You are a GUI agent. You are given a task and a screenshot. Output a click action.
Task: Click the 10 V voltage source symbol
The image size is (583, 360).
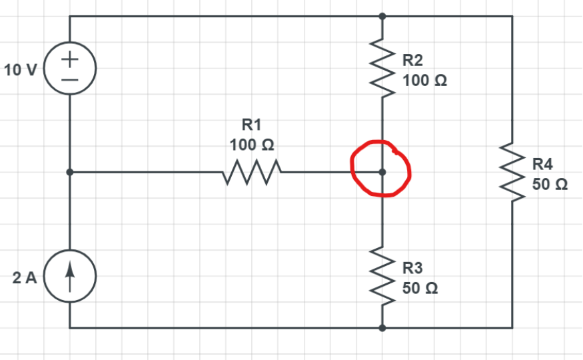tap(70, 69)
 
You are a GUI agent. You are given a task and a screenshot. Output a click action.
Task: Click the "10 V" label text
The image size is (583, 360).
tap(20, 70)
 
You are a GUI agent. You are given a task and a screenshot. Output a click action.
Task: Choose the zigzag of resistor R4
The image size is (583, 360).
tap(512, 173)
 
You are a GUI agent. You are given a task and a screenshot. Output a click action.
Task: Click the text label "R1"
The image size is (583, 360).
tap(251, 124)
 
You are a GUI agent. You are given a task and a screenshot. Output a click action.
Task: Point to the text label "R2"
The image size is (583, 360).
tap(413, 61)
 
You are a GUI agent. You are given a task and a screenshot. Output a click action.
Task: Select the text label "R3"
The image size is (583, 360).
tap(413, 269)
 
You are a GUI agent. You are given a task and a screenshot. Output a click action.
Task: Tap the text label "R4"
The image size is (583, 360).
tap(543, 164)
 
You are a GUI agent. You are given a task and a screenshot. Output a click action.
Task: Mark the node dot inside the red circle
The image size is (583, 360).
tap(382, 172)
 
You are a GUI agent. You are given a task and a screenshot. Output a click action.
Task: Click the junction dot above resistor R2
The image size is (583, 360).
tap(382, 16)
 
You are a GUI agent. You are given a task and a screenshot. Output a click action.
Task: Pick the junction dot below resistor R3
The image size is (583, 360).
tap(382, 328)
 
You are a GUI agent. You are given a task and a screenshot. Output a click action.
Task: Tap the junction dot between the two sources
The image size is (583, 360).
tap(70, 172)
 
